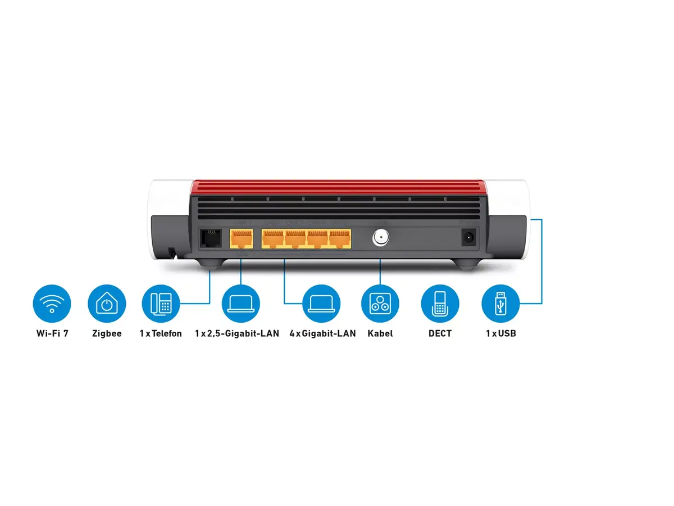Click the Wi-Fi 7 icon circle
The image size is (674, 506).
pyautogui.click(x=52, y=303)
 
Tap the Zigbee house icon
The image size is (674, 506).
pyautogui.click(x=107, y=303)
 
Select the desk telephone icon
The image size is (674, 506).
pyautogui.click(x=161, y=303)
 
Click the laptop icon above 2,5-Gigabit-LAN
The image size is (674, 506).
pyautogui.click(x=241, y=303)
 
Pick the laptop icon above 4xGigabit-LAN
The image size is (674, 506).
pyautogui.click(x=321, y=303)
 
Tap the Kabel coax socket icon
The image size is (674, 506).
pyautogui.click(x=380, y=303)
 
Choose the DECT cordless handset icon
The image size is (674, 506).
pyautogui.click(x=440, y=303)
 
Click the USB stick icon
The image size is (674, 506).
pyautogui.click(x=500, y=303)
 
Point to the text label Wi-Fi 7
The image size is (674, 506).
pyautogui.click(x=52, y=333)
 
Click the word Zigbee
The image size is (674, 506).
pyautogui.click(x=107, y=333)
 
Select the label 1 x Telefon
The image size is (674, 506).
pyautogui.click(x=161, y=333)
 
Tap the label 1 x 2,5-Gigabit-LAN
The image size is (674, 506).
pyautogui.click(x=237, y=333)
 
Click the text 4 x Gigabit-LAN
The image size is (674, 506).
pyautogui.click(x=322, y=333)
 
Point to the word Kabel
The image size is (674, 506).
pyautogui.click(x=380, y=333)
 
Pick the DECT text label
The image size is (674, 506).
pyautogui.click(x=440, y=333)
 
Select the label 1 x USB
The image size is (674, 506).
pyautogui.click(x=501, y=333)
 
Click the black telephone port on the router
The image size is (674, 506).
pyautogui.click(x=210, y=238)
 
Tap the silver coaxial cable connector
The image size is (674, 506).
pyautogui.click(x=380, y=237)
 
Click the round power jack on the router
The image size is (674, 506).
pyautogui.click(x=468, y=237)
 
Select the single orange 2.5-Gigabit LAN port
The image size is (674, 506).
pyautogui.click(x=242, y=238)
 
